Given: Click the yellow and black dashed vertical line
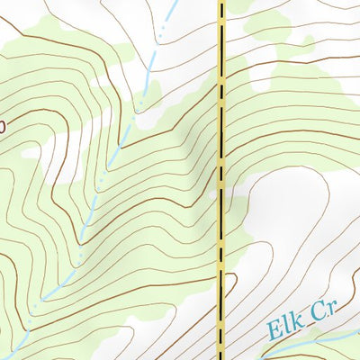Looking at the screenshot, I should coord(220,180).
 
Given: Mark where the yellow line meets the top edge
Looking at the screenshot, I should coord(220,1).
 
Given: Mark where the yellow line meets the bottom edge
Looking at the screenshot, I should coord(220,358).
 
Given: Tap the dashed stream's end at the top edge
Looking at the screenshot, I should coord(173,1).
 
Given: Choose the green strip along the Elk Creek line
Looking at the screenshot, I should coord(315,346).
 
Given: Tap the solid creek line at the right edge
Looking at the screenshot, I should coord(358,332).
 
